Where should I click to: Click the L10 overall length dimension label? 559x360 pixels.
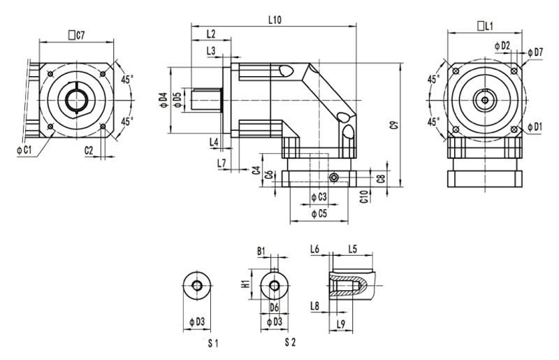[274, 20]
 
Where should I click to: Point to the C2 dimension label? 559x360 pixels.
[89, 150]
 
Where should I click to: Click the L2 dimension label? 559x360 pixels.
[211, 34]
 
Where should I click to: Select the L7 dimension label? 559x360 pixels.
[222, 163]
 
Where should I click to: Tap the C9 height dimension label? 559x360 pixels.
[394, 125]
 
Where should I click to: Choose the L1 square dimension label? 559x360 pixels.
[485, 26]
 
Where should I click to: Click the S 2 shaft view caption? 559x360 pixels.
[291, 343]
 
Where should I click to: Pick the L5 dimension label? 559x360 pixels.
[352, 250]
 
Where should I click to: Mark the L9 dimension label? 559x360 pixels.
[341, 322]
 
